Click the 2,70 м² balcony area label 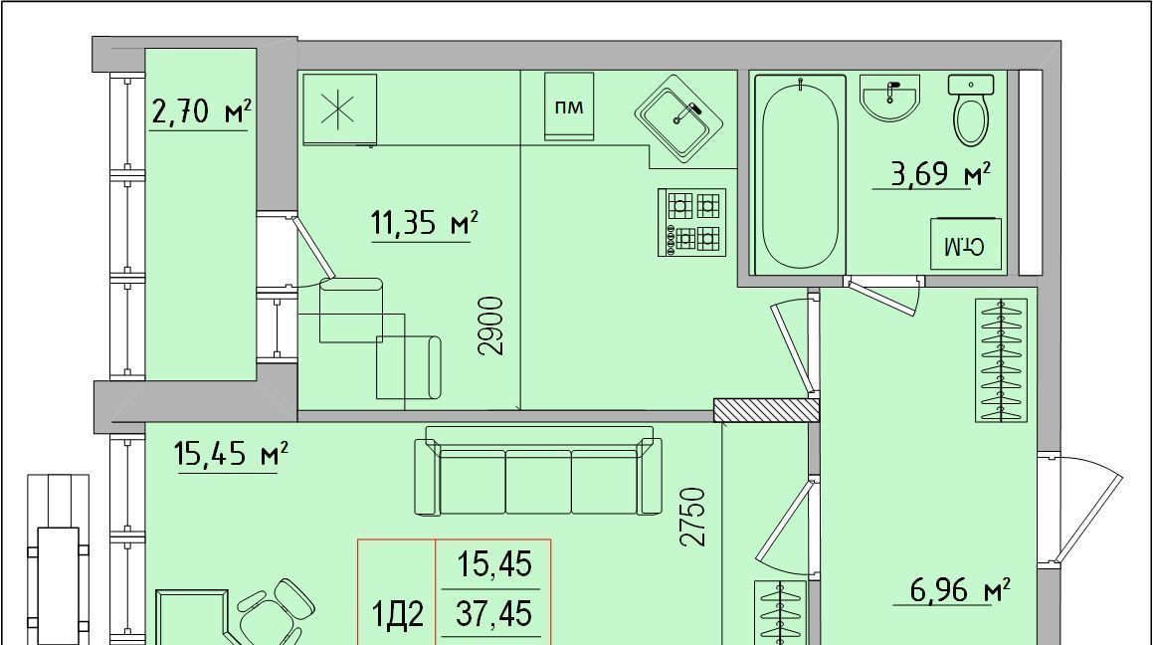[201, 112]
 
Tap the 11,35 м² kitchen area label [425, 223]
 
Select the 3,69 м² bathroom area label [940, 174]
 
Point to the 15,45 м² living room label [230, 453]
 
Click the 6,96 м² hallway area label [960, 589]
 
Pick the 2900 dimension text [491, 325]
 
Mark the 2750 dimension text [692, 517]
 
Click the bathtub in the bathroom [799, 174]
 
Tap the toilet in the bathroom [971, 109]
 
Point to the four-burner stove [691, 222]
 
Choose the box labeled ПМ [569, 106]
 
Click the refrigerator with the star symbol [339, 108]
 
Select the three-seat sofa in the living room [537, 471]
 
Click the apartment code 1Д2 [398, 615]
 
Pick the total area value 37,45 [493, 612]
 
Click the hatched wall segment [766, 410]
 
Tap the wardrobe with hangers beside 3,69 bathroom [1001, 360]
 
